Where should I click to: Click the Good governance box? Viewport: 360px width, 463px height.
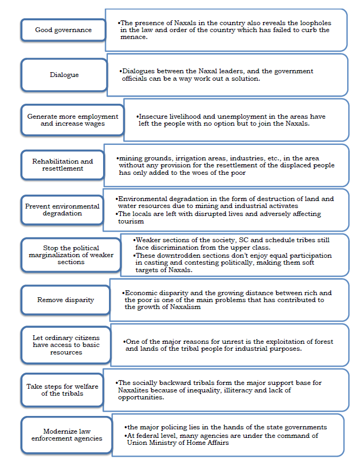(x=63, y=30)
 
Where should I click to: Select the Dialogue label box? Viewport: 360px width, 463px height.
(x=64, y=75)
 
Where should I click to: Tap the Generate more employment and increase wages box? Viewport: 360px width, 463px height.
(x=72, y=120)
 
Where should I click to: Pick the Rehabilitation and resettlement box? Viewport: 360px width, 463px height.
(x=62, y=165)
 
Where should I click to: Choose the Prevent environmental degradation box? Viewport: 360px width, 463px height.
(x=62, y=210)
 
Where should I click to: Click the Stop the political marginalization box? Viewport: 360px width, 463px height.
(x=71, y=255)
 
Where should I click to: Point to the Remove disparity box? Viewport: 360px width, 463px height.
(x=65, y=300)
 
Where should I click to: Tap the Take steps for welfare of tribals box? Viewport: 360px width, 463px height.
(x=62, y=390)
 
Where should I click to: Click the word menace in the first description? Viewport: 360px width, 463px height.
(x=134, y=37)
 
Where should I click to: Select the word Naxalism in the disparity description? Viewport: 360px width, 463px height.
(x=184, y=307)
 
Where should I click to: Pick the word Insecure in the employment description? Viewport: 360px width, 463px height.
(x=153, y=116)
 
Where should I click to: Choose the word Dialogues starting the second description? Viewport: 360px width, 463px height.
(x=138, y=71)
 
